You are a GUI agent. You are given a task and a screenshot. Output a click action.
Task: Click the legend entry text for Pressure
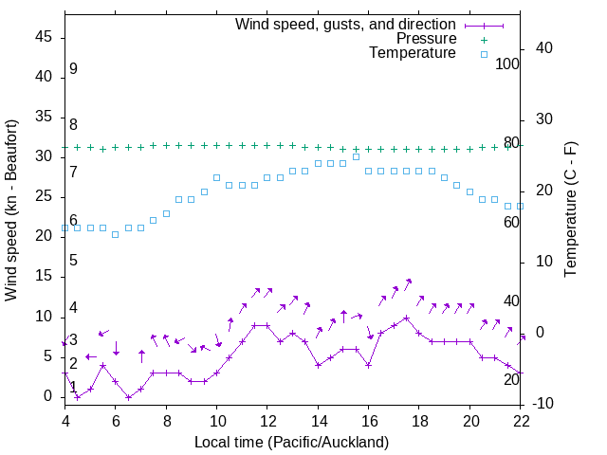(427, 39)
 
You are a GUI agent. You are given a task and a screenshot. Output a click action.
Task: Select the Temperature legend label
(413, 53)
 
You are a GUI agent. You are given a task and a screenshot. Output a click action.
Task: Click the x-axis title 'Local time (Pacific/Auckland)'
(291, 443)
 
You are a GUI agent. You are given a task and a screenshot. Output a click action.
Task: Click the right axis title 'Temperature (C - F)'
(570, 210)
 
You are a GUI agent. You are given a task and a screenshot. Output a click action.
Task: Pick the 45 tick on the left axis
(48, 37)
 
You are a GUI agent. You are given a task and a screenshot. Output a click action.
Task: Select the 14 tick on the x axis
(318, 420)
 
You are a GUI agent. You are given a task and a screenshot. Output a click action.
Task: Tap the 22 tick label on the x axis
(521, 420)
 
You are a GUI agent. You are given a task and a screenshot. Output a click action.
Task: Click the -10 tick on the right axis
(544, 405)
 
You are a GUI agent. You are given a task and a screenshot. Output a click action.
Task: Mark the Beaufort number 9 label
(73, 69)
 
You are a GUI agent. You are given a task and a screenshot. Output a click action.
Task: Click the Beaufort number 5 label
(73, 261)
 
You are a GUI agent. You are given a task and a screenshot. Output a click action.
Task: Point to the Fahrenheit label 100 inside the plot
(507, 64)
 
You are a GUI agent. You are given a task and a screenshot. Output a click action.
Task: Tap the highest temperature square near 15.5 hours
(356, 156)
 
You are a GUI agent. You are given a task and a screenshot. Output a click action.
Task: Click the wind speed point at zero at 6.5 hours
(128, 397)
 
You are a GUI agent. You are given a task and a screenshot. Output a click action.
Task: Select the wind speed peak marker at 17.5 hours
(406, 318)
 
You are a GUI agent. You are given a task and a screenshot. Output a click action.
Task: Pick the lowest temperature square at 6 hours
(116, 234)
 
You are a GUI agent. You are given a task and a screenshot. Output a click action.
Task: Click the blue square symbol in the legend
(483, 55)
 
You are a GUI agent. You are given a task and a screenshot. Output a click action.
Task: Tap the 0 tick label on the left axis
(53, 397)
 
